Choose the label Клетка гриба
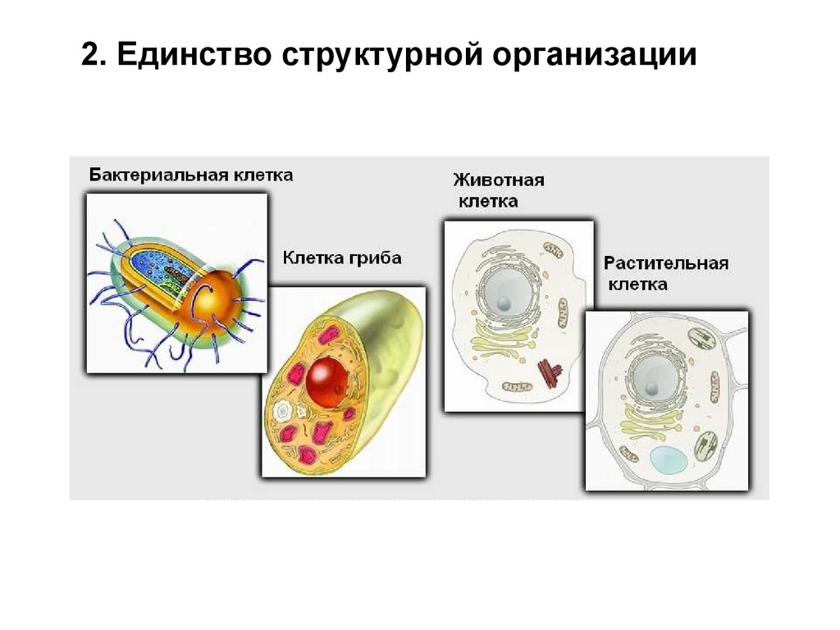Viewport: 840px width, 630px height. pyautogui.click(x=342, y=258)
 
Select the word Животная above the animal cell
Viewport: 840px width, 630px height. pyautogui.click(x=498, y=180)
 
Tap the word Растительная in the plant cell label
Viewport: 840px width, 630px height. pyautogui.click(x=666, y=264)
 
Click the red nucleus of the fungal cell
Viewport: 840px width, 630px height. pyautogui.click(x=326, y=377)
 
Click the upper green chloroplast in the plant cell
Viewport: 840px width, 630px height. pyautogui.click(x=701, y=340)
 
